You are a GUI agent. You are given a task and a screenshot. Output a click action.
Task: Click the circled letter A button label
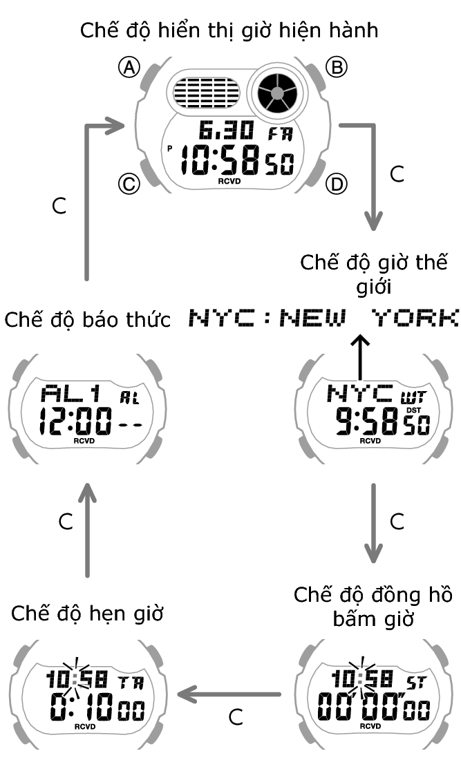tap(129, 66)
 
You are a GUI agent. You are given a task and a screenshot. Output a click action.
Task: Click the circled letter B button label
tap(337, 66)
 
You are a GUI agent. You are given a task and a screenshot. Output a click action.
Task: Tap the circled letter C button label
tap(129, 184)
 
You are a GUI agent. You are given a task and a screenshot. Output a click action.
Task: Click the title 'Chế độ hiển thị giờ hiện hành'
tap(229, 31)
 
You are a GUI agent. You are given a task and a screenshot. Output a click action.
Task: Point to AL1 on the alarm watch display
tap(71, 395)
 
